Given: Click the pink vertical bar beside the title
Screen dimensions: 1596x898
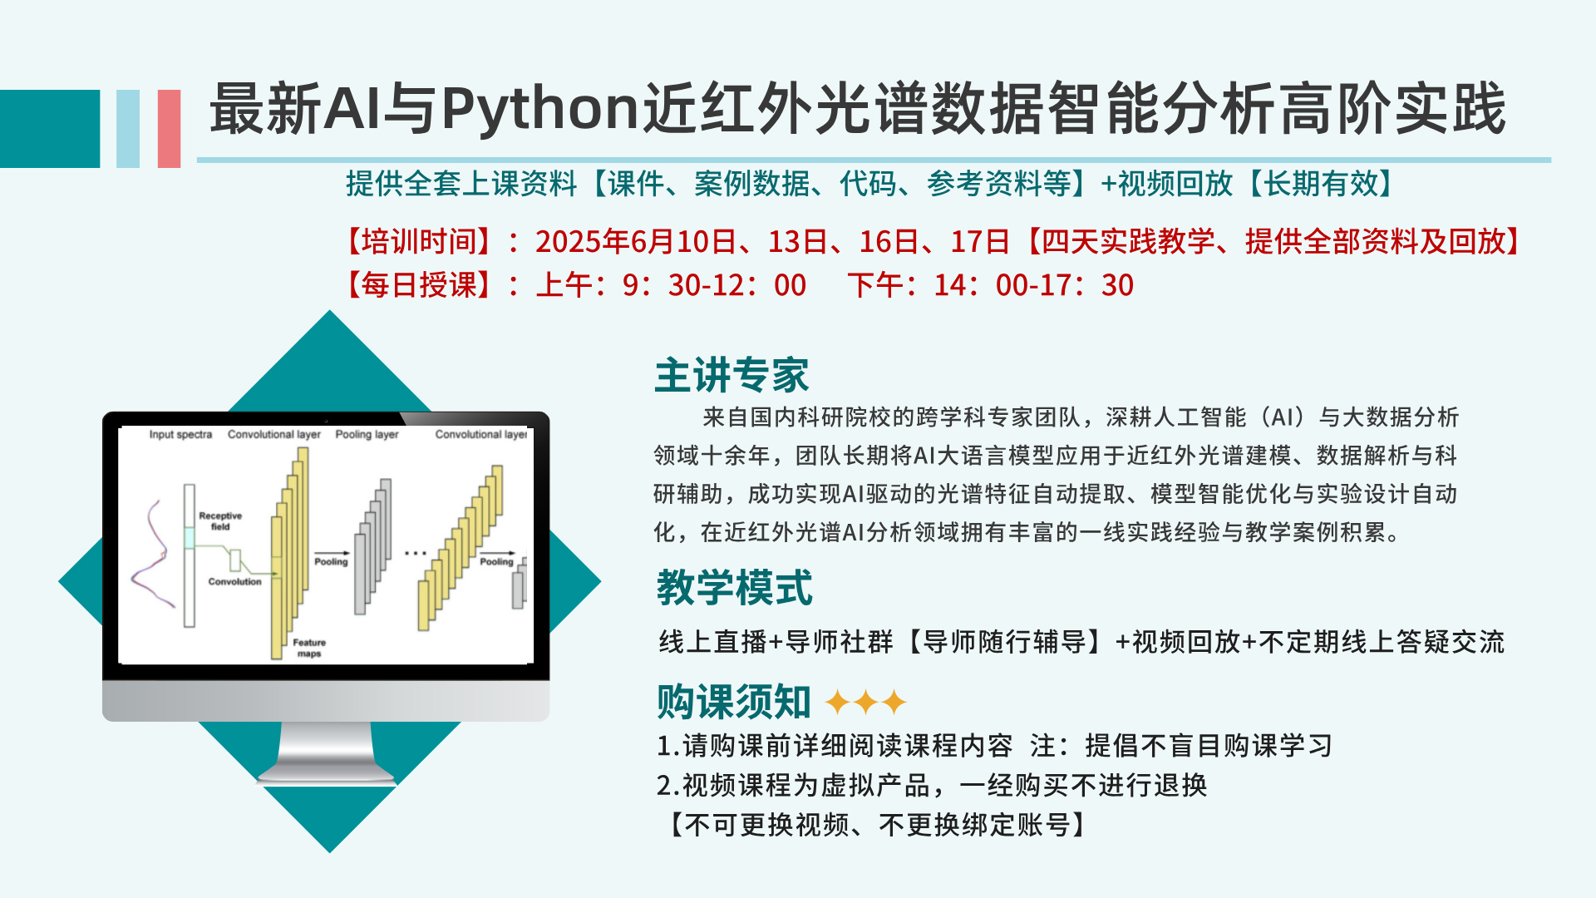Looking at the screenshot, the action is click(169, 129).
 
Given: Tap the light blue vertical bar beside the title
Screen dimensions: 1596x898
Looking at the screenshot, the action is click(128, 129).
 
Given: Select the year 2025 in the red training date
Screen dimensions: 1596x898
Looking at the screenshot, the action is click(568, 242).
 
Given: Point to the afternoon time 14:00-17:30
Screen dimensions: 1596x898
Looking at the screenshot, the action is click(1033, 285).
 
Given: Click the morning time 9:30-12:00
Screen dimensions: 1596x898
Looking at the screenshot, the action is click(714, 285).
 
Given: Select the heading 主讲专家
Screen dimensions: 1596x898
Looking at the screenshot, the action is click(731, 375).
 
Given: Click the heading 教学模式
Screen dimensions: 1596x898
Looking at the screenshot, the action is click(734, 588).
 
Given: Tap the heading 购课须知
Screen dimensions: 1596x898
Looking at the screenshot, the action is click(733, 702).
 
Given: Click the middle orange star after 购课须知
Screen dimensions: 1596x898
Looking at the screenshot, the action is click(865, 702).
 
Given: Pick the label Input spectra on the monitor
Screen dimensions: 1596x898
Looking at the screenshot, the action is click(180, 434).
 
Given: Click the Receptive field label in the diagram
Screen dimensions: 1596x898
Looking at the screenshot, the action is click(220, 521).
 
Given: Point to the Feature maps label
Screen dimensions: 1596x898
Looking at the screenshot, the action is click(309, 648).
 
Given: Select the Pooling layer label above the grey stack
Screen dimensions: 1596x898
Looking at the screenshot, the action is click(367, 434).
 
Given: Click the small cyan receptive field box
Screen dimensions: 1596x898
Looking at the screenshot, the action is click(189, 538).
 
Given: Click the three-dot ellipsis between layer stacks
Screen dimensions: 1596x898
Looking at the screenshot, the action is click(415, 553).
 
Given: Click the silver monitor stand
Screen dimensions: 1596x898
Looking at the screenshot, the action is click(326, 753).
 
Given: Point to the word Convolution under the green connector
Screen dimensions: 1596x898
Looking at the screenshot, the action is click(234, 582).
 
